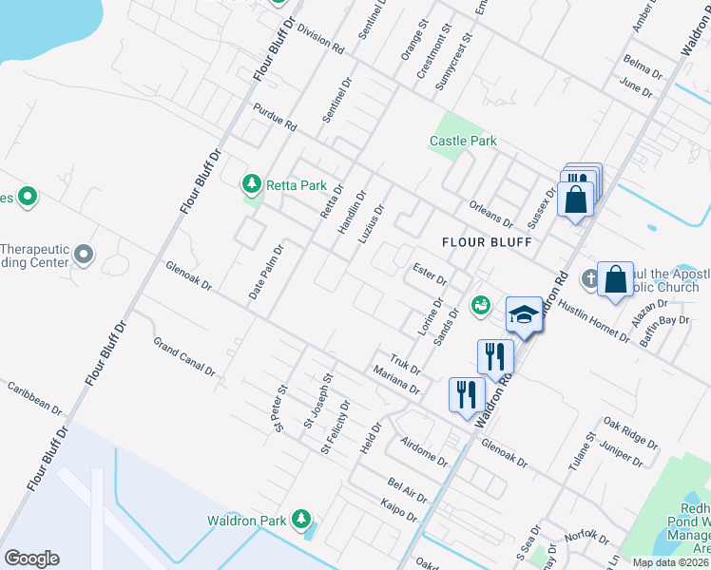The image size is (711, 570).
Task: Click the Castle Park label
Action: (x=463, y=142)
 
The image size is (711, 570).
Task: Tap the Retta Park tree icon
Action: (x=252, y=183)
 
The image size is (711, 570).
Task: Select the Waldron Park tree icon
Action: (x=301, y=519)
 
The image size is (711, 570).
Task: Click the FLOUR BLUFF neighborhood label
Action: (x=486, y=242)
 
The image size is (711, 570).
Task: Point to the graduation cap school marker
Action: (x=524, y=314)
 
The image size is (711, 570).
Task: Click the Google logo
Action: (x=31, y=559)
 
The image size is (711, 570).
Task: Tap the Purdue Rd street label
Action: (x=275, y=118)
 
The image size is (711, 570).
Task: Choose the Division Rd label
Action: (x=319, y=40)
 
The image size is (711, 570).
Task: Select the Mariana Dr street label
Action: (x=396, y=380)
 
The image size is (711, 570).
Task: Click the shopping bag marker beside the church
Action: (x=615, y=279)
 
